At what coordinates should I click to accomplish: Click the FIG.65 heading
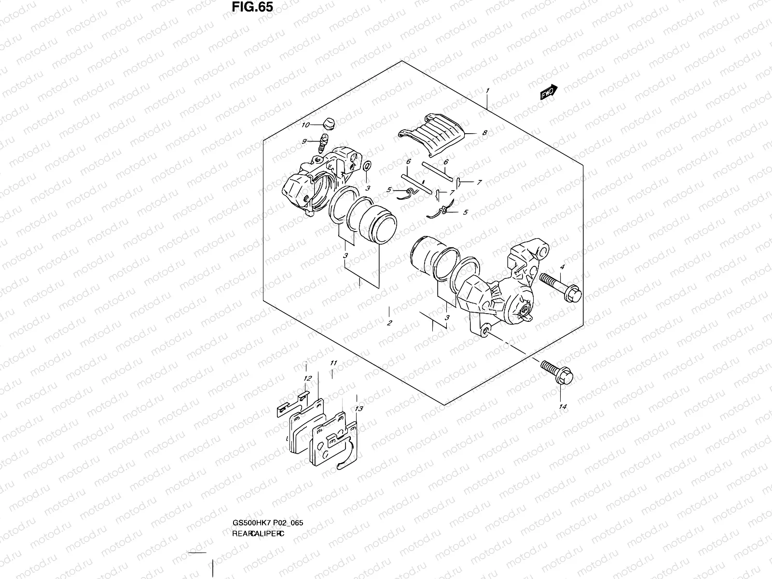pyautogui.click(x=252, y=7)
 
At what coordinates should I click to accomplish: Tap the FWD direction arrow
pyautogui.click(x=549, y=93)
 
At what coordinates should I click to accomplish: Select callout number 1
pyautogui.click(x=488, y=90)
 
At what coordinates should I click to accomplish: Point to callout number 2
pyautogui.click(x=389, y=323)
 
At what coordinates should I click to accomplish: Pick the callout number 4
pyautogui.click(x=562, y=267)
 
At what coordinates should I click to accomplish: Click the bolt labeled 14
pyautogui.click(x=557, y=373)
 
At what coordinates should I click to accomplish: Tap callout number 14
pyautogui.click(x=562, y=407)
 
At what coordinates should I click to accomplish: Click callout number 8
pyautogui.click(x=484, y=132)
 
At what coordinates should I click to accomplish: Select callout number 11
pyautogui.click(x=333, y=363)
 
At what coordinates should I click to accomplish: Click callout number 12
pyautogui.click(x=308, y=379)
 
